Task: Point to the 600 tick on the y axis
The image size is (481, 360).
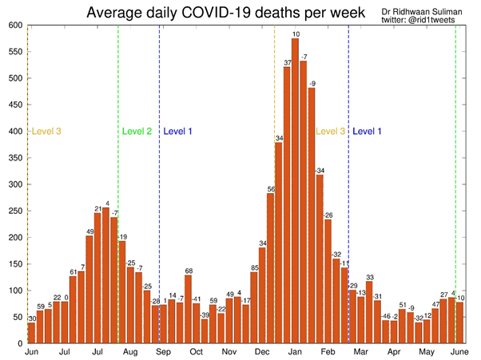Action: [14, 26]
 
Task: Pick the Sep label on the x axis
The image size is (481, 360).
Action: [164, 352]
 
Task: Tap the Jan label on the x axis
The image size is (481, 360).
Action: [296, 352]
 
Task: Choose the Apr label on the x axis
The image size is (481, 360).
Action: [394, 352]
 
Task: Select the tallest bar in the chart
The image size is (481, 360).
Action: [296, 191]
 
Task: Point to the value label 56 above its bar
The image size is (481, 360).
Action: [271, 189]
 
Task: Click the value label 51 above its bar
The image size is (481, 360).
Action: [403, 305]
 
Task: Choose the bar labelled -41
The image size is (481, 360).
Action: [197, 323]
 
